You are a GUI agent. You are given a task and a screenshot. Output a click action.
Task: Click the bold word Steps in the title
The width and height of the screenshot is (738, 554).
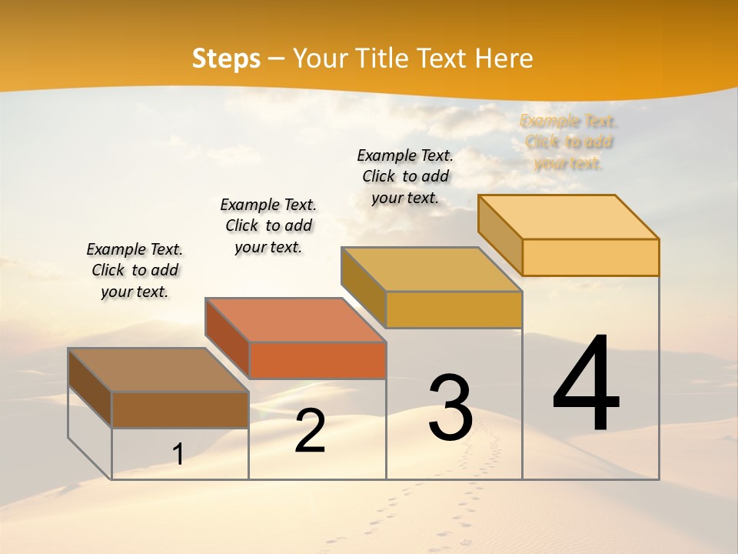click(226, 58)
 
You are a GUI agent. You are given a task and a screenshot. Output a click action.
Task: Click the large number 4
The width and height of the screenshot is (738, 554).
click(586, 384)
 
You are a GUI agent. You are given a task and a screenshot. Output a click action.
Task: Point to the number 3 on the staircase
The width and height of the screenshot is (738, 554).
click(450, 408)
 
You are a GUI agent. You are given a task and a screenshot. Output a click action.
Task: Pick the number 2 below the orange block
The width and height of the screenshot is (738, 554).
click(310, 431)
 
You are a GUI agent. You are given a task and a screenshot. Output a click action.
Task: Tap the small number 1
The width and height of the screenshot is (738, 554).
click(178, 454)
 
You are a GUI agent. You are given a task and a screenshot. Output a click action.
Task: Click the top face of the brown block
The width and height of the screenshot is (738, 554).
click(158, 370)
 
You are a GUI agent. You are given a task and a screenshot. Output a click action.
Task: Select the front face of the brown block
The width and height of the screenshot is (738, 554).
click(180, 409)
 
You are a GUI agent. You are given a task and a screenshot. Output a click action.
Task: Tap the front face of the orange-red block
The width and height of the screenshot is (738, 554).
click(317, 360)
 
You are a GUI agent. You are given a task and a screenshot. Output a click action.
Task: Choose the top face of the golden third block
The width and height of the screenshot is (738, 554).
click(431, 269)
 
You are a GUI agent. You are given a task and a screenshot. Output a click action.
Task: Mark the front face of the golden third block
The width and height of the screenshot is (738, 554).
click(454, 309)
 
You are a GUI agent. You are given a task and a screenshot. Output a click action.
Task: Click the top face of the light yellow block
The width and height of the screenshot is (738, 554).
click(568, 217)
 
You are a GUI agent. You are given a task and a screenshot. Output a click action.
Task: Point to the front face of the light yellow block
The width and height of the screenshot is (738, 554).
click(590, 257)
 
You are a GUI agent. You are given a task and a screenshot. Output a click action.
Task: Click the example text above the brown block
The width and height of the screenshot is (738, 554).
click(135, 270)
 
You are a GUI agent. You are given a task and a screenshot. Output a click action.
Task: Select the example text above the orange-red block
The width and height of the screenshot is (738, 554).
click(268, 225)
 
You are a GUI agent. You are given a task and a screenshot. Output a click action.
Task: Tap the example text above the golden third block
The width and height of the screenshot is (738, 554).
click(405, 176)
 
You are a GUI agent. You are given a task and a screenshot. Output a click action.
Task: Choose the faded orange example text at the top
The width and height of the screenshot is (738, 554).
click(568, 142)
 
